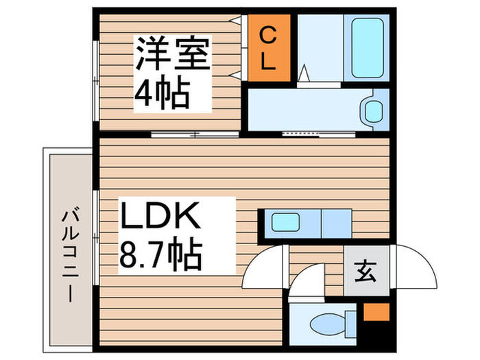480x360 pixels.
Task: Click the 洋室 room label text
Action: [172, 56]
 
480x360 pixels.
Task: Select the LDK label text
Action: [161, 217]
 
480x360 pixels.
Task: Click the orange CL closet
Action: [267, 48]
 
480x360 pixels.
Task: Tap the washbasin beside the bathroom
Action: [373, 110]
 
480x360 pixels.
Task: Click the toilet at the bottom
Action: [326, 322]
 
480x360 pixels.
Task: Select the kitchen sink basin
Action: [285, 222]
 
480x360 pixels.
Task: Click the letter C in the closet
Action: [267, 34]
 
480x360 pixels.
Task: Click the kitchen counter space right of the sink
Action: [336, 222]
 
